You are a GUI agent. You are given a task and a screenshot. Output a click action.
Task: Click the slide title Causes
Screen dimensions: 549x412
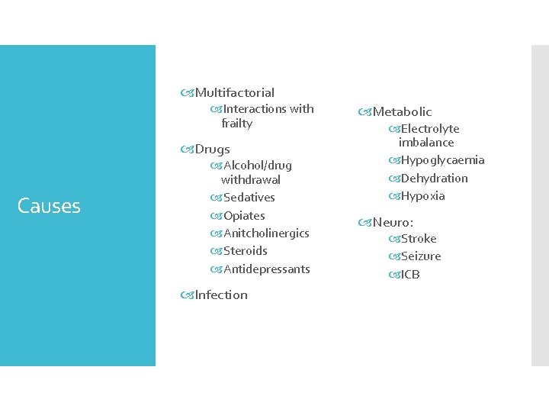[49, 206]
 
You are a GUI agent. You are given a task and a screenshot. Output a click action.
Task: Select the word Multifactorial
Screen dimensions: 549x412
[235, 92]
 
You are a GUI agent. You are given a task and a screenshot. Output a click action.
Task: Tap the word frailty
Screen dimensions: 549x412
[236, 123]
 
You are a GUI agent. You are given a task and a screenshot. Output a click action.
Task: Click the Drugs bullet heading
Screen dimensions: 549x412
[212, 149]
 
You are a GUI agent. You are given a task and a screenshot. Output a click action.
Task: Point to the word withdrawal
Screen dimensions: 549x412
[250, 180]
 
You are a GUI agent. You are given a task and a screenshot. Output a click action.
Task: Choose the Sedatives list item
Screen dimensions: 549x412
[249, 198]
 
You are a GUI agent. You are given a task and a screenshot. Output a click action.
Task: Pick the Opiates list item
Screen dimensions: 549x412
[244, 215]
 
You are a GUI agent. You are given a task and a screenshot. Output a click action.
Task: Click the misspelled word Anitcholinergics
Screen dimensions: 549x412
[266, 233]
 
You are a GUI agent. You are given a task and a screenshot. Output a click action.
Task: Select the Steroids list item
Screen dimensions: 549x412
[246, 251]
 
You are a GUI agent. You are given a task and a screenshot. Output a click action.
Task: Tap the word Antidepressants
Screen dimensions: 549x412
[267, 269]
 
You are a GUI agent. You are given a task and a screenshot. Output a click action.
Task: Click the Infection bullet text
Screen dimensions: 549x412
[221, 295]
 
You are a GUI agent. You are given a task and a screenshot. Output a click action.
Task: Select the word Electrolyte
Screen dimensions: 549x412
[430, 129]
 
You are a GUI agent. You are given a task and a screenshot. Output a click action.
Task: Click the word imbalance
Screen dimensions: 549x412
[425, 143]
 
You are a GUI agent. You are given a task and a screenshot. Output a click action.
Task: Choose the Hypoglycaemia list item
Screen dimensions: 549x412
[442, 160]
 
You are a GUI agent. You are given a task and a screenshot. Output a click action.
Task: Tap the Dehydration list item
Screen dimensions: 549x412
[434, 178]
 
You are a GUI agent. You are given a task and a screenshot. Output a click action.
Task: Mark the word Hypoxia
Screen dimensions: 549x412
[422, 196]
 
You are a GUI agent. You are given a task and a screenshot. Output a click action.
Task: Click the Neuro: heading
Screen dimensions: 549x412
[393, 222]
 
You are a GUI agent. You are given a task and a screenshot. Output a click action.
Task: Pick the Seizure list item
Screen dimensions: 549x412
[421, 256]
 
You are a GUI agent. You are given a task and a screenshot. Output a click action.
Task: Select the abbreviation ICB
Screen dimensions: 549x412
[410, 275]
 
